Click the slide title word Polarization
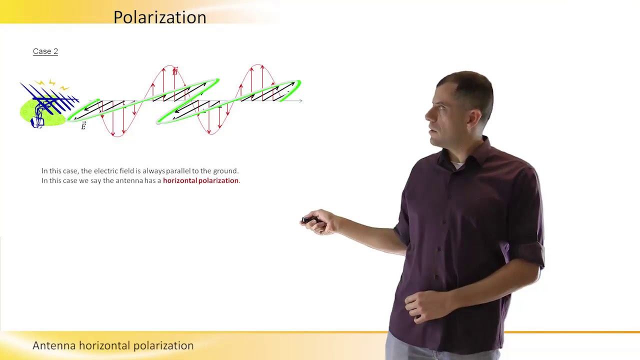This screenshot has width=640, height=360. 159,17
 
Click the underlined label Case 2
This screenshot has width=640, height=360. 45,51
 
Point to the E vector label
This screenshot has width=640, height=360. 83,126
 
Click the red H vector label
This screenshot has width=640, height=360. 175,71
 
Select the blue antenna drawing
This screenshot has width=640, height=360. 50,100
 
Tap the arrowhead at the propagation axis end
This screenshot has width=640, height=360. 300,101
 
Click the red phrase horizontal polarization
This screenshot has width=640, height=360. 200,180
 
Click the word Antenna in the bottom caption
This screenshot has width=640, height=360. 54,345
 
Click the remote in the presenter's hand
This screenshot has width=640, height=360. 308,220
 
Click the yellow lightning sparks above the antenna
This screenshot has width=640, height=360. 51,83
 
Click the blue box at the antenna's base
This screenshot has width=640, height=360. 38,121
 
